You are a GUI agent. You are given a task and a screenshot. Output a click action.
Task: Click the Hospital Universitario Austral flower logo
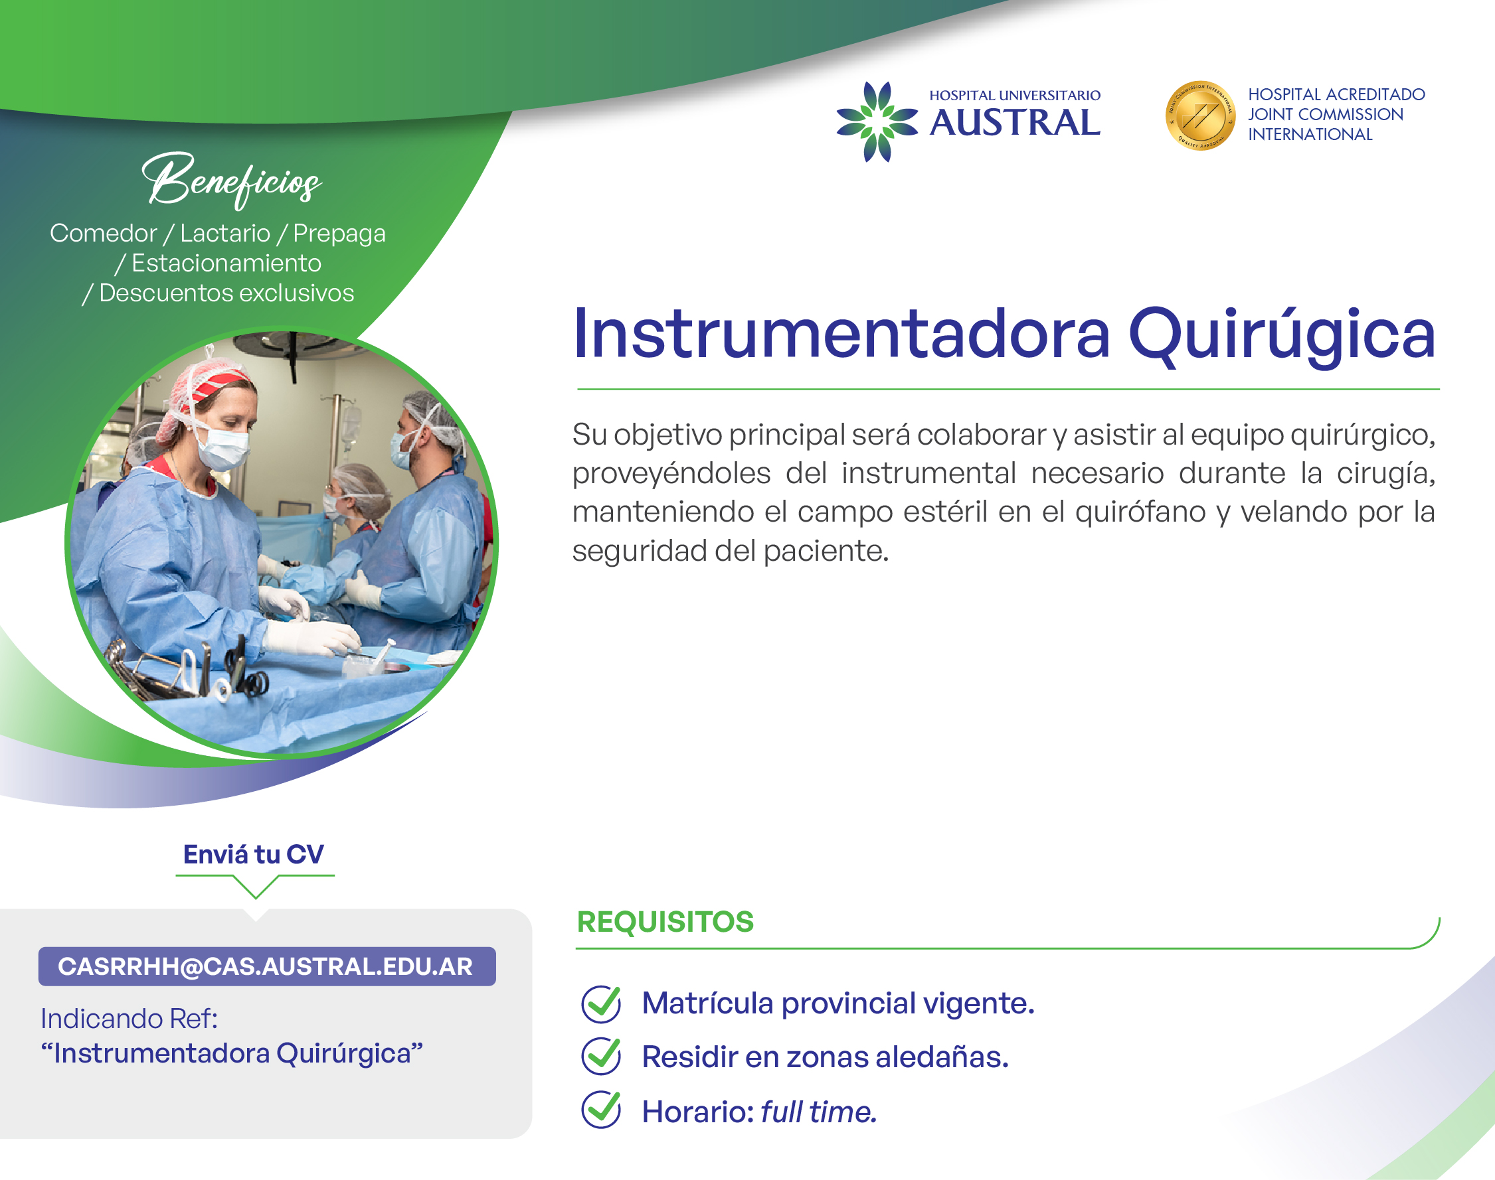tap(877, 121)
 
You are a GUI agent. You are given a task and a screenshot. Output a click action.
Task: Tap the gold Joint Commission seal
tap(1200, 115)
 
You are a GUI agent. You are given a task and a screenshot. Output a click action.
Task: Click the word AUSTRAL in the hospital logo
tap(1015, 123)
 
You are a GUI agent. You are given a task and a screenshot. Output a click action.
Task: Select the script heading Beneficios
tap(232, 180)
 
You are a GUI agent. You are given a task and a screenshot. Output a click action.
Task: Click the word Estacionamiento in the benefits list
tap(226, 263)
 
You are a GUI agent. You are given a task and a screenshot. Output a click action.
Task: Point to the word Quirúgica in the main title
tap(1282, 336)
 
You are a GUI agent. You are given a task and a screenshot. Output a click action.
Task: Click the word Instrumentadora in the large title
tap(841, 334)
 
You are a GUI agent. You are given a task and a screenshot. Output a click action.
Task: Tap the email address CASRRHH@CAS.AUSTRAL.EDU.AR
tap(266, 966)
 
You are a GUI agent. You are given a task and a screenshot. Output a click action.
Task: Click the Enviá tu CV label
tap(254, 855)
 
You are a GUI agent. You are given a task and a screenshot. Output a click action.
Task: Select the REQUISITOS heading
tap(665, 922)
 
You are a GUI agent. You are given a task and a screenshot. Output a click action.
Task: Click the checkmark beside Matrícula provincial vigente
tap(601, 1003)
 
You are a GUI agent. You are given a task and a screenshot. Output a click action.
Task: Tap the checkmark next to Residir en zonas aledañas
tap(601, 1057)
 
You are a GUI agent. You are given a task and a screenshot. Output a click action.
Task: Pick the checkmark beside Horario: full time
tap(601, 1110)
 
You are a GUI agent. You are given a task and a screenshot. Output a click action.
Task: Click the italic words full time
tap(819, 1112)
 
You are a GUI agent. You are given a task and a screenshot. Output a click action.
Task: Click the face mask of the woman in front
tap(222, 445)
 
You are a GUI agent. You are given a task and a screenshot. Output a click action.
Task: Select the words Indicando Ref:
tap(130, 1018)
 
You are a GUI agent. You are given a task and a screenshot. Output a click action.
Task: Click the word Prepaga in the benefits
tap(339, 234)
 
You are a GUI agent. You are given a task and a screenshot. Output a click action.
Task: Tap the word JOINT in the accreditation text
tap(1271, 114)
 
